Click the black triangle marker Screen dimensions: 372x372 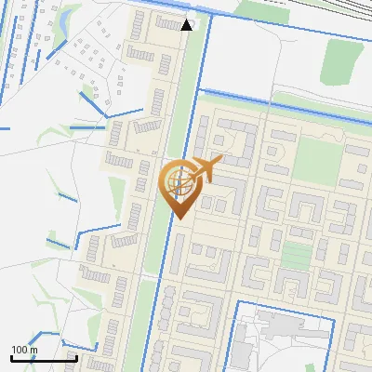click(187, 24)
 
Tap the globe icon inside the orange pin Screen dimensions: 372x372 click(179, 180)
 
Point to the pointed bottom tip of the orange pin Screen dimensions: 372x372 click(179, 219)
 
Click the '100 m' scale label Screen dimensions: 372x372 click(24, 350)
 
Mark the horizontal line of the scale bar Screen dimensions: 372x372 click(43, 358)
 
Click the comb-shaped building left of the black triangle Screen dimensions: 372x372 click(167, 23)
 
